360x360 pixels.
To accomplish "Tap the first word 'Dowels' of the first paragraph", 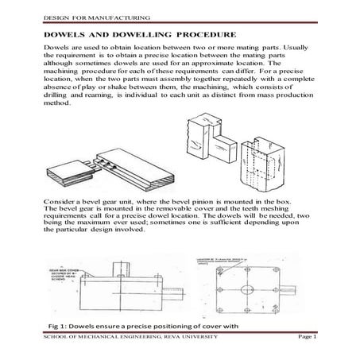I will (56, 49).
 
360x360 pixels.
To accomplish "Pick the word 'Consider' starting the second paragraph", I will (62, 194).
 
